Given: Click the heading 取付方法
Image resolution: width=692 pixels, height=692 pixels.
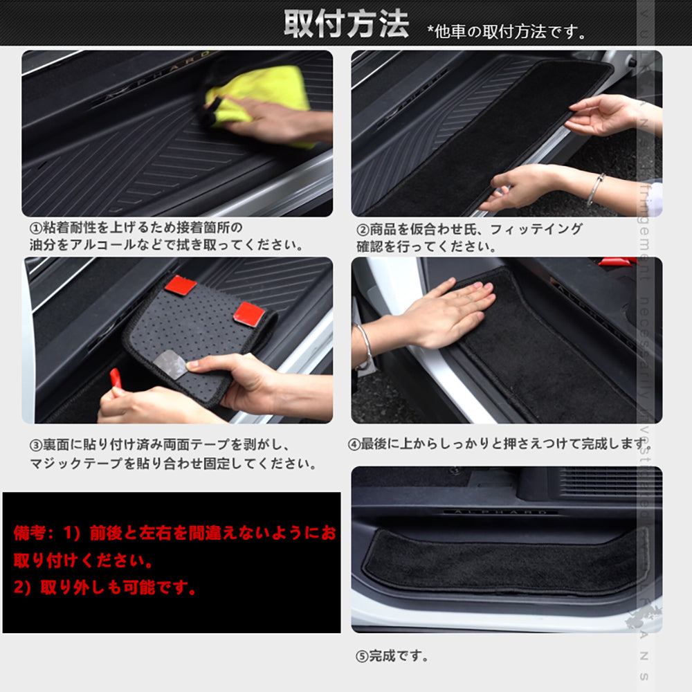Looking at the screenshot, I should click(346, 25).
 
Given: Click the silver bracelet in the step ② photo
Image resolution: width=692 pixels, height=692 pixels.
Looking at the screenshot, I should click(594, 189).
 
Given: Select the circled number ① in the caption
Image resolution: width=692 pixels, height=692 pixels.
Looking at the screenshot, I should click(35, 228).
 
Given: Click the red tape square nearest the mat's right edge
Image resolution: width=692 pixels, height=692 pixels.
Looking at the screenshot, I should click(249, 314).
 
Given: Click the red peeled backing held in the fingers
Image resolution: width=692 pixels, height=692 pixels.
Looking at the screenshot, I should click(116, 379).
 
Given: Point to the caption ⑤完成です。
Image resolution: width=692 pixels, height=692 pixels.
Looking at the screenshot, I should click(392, 655).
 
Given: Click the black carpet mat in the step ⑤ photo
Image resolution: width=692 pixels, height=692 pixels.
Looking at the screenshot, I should click(505, 561).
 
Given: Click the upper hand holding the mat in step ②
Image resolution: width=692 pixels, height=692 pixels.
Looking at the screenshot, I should click(602, 114).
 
